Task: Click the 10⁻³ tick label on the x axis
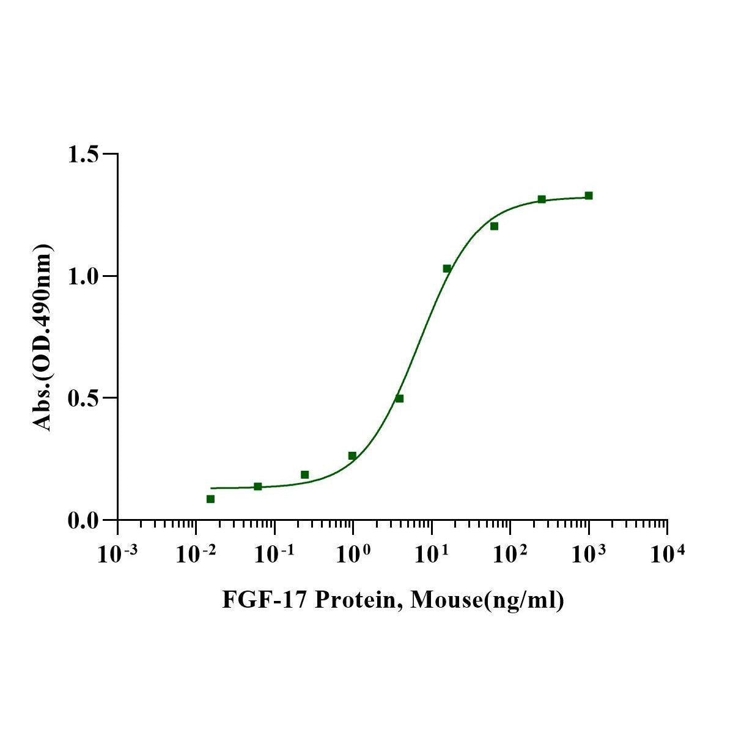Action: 117,554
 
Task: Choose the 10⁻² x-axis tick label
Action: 195,554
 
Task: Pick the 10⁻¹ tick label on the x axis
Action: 274,554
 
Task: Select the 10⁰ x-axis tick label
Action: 353,554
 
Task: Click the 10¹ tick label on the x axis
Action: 431,554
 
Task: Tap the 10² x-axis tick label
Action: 510,554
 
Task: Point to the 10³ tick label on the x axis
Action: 588,554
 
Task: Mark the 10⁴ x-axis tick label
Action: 667,554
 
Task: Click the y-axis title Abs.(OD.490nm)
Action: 43,337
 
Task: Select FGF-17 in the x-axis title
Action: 264,600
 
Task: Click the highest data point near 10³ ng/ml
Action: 589,196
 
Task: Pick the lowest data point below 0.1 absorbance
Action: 210,499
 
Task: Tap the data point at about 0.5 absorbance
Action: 399,399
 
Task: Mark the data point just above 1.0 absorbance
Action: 447,268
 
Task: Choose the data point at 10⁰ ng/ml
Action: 352,455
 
